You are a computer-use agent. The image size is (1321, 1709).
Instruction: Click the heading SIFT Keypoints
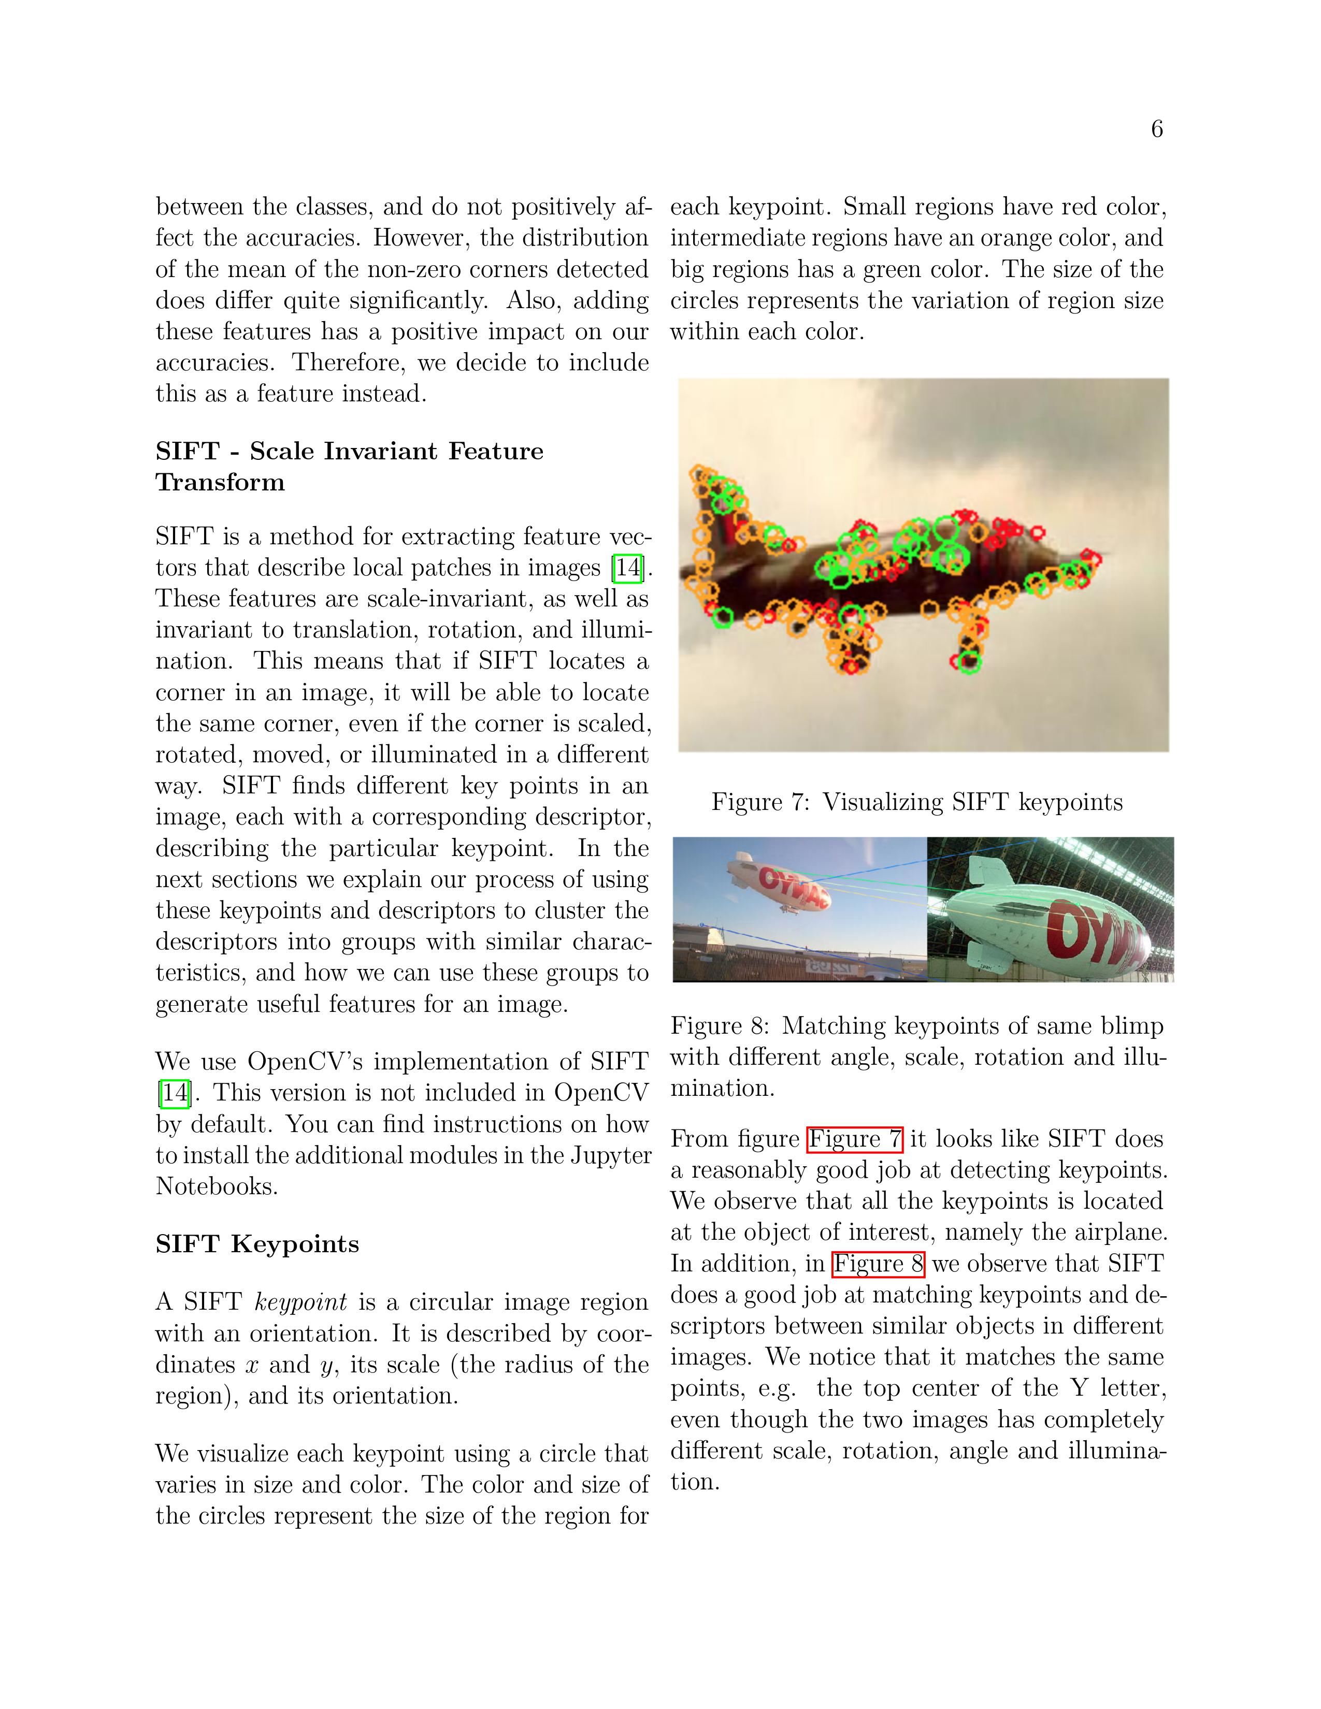[x=256, y=1244]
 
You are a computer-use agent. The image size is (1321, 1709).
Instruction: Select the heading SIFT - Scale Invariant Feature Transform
[x=349, y=467]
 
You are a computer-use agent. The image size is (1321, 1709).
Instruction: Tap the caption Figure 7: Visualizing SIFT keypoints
[x=916, y=802]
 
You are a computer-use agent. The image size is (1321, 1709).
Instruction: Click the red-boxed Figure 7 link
[x=855, y=1138]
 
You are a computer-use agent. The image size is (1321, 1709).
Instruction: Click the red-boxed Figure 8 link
[x=878, y=1264]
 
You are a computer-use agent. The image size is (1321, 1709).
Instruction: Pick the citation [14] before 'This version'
[x=174, y=1093]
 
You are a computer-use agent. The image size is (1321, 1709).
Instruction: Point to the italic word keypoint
[x=300, y=1302]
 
